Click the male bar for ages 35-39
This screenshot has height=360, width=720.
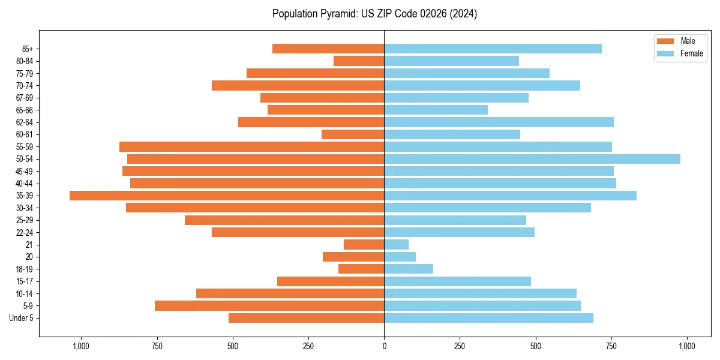click(x=227, y=196)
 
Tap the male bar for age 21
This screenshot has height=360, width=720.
click(x=364, y=245)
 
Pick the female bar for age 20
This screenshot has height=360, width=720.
click(x=400, y=257)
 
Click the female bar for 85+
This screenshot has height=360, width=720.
click(x=493, y=49)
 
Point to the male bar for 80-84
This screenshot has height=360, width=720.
click(x=359, y=61)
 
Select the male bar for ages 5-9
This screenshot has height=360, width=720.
click(x=269, y=306)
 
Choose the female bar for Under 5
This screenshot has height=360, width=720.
click(x=489, y=318)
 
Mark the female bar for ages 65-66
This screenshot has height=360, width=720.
click(x=436, y=110)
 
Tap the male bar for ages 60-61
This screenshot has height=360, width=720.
click(x=353, y=134)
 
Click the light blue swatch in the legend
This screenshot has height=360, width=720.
click(x=666, y=53)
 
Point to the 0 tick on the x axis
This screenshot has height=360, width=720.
click(x=384, y=346)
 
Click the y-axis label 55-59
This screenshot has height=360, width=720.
click(x=25, y=147)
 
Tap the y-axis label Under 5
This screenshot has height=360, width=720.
click(x=21, y=318)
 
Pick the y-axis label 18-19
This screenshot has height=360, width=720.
click(x=25, y=269)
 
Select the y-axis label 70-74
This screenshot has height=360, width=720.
click(x=25, y=86)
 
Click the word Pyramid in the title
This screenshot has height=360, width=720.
click(x=337, y=14)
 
